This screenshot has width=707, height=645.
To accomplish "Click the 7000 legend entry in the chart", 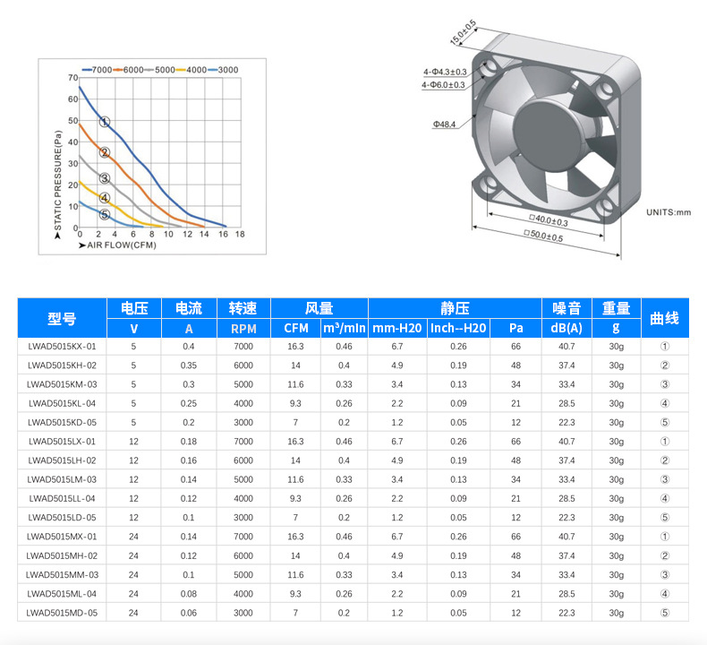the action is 97,70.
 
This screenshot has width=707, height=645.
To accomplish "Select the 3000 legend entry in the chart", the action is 223,70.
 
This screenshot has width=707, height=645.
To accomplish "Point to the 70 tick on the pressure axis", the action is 73,78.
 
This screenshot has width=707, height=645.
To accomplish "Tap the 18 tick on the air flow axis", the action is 240,234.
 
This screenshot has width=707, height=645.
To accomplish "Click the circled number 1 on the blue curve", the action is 105,122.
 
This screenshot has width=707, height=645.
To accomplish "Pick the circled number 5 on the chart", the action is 105,214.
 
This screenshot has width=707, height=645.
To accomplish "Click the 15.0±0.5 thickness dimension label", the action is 463,32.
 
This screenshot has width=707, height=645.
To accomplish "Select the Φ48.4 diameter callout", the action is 444,125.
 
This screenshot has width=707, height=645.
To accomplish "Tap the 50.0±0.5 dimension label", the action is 544,236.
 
